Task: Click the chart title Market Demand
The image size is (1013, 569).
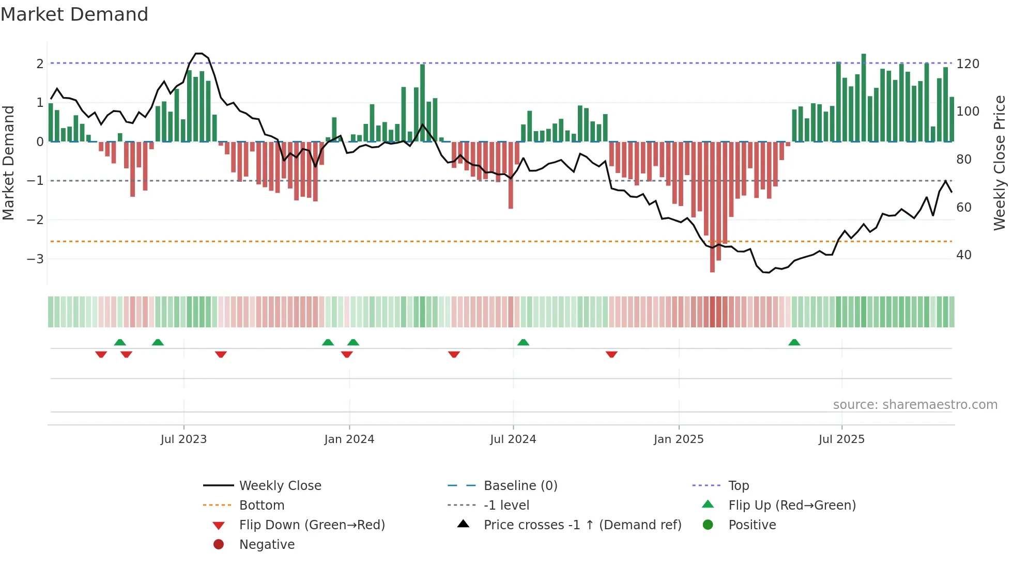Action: [74, 14]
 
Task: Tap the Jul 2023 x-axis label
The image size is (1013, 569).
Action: [183, 439]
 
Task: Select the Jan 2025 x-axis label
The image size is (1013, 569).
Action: [678, 439]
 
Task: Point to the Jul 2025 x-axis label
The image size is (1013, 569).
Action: [841, 439]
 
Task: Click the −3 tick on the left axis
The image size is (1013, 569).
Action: [35, 259]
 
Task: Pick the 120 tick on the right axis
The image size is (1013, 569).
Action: [968, 64]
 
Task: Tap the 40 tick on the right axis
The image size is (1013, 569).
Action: [963, 255]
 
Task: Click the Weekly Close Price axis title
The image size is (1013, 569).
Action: [1000, 163]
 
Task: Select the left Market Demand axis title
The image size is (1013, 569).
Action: [9, 163]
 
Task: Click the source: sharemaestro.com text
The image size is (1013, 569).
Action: [915, 405]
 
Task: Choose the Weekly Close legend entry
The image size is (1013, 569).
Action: [280, 486]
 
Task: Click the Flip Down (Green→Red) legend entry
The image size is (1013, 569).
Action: [312, 525]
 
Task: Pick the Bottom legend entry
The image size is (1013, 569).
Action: [262, 505]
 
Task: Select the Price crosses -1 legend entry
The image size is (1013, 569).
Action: [582, 525]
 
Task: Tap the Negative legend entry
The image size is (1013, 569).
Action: [267, 545]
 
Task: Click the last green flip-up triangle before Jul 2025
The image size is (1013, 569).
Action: [794, 342]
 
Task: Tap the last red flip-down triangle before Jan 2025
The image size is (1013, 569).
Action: [611, 354]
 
